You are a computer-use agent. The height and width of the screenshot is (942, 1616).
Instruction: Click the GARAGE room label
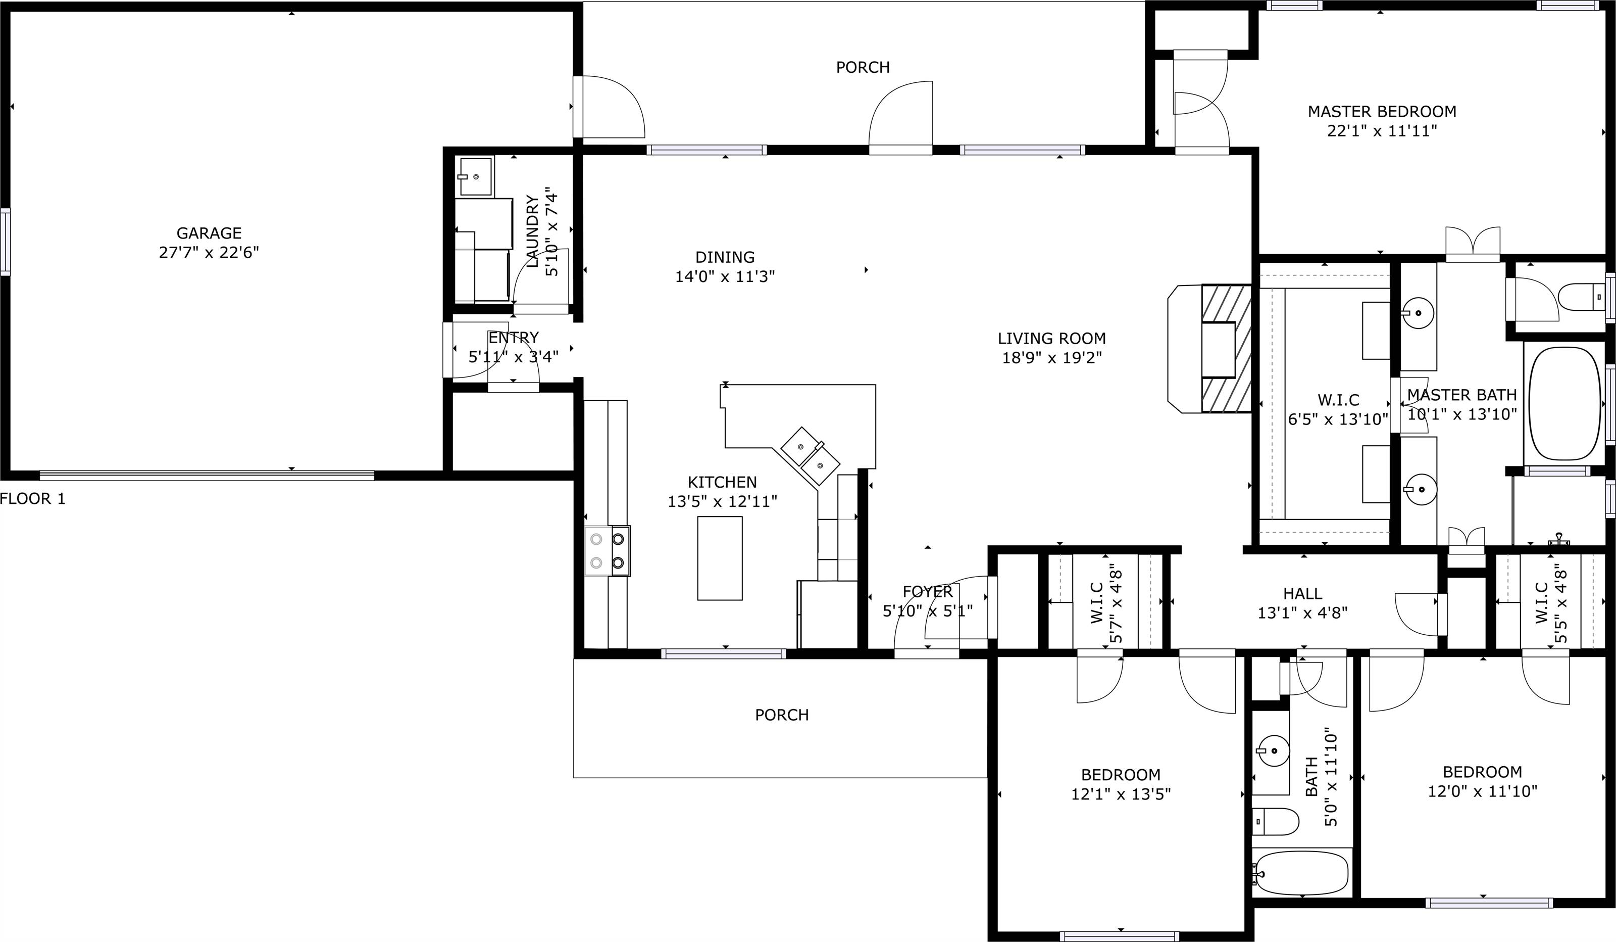[209, 233]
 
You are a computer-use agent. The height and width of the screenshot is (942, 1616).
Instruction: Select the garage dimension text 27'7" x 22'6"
[209, 252]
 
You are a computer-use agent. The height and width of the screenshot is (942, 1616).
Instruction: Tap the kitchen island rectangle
[720, 558]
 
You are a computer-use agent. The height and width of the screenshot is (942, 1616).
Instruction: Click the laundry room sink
[475, 176]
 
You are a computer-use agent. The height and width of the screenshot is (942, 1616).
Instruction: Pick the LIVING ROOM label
[1052, 338]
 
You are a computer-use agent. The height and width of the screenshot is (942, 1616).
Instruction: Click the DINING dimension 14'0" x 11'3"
[725, 276]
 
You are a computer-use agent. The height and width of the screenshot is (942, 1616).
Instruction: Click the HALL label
[1302, 594]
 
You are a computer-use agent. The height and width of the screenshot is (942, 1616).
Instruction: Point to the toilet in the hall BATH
[1274, 821]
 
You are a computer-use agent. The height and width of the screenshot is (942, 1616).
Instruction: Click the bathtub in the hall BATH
[1302, 873]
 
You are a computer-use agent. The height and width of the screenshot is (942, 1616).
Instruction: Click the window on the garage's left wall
[5, 242]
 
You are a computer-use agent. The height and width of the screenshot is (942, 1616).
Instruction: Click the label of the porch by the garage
[863, 67]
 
